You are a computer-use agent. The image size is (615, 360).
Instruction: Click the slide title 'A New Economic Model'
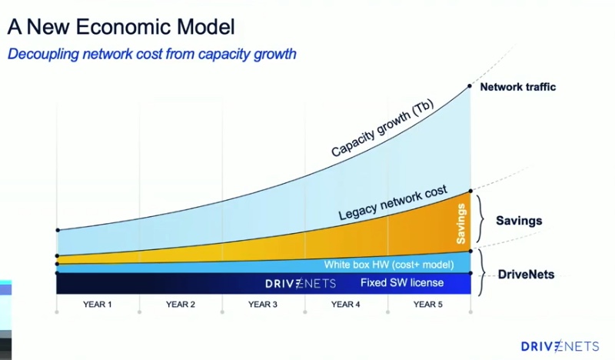click(x=121, y=27)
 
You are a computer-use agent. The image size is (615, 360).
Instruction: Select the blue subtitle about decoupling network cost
click(x=151, y=54)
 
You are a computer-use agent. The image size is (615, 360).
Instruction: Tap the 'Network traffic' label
click(x=517, y=87)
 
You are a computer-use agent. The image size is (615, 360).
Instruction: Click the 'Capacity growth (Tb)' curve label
click(x=382, y=128)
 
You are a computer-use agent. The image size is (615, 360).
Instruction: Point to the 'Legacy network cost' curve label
click(x=393, y=202)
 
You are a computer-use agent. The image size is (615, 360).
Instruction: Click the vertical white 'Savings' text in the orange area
click(x=460, y=224)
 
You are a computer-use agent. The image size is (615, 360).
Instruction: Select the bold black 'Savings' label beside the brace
click(x=519, y=221)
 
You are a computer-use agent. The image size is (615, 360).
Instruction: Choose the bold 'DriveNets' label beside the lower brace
click(x=526, y=274)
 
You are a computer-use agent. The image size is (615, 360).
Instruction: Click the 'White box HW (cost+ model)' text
click(x=389, y=265)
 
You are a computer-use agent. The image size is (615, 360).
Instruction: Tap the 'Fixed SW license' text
click(x=402, y=282)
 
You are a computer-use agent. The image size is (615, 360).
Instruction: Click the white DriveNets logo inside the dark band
click(x=301, y=283)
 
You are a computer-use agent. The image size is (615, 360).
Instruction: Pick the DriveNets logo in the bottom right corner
click(x=560, y=346)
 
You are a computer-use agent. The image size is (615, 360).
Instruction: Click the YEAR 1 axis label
click(x=98, y=305)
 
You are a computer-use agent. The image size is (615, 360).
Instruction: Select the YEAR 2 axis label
click(x=181, y=305)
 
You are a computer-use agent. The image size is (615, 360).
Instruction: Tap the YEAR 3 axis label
click(x=263, y=305)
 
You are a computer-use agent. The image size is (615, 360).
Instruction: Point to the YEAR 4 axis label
click(x=345, y=305)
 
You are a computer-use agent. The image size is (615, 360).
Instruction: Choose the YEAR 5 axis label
click(x=428, y=305)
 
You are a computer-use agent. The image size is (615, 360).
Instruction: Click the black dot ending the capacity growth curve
click(x=470, y=86)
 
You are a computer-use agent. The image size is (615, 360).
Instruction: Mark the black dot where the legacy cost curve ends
click(x=470, y=192)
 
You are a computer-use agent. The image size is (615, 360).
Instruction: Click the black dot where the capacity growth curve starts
click(x=58, y=230)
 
